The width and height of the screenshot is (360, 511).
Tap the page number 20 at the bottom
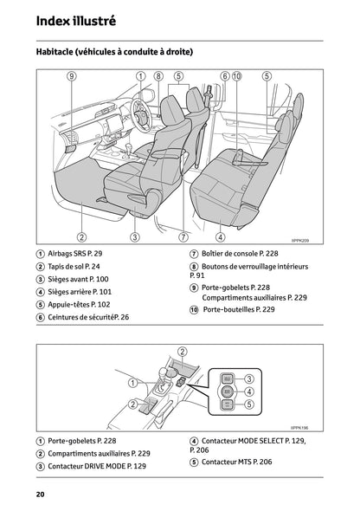[x=41, y=494]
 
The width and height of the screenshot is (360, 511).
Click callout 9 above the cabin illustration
[x=71, y=76]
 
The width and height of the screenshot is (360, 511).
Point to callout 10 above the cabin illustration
[x=238, y=76]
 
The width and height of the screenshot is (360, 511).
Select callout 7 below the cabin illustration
[x=183, y=236]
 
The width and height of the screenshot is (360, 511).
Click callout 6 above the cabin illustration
[x=225, y=76]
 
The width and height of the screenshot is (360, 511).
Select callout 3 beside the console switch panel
[x=248, y=378]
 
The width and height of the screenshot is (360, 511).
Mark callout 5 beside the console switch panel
[x=248, y=404]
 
